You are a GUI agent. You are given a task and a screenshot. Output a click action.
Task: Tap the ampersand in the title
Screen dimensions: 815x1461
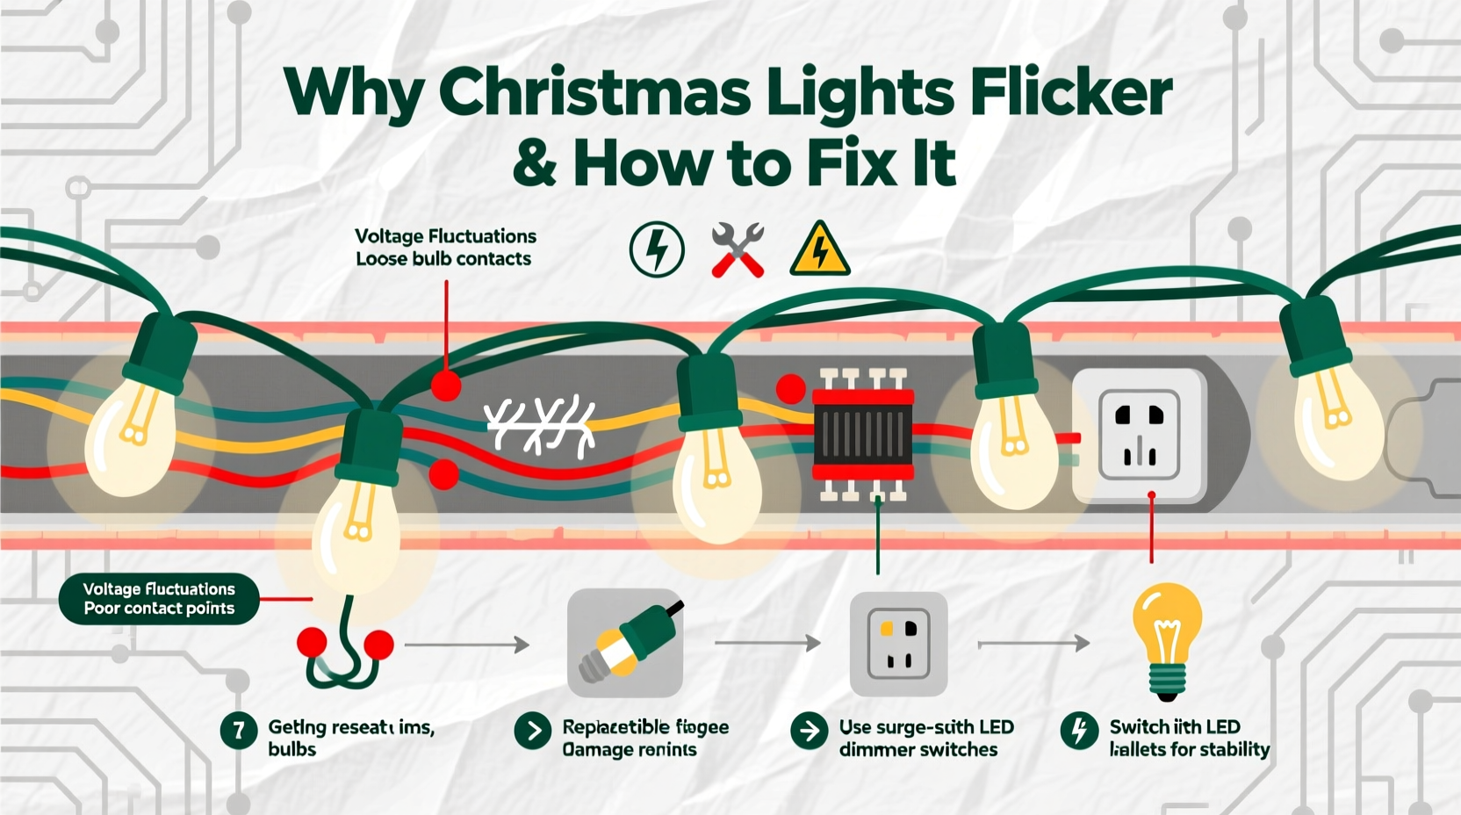pos(534,163)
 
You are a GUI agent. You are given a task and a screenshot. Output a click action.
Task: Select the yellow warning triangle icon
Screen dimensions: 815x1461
pos(819,249)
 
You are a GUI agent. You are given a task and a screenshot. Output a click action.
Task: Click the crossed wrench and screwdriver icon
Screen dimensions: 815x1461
pos(738,249)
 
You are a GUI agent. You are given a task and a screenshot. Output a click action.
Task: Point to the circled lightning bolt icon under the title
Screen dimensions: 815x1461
pos(657,249)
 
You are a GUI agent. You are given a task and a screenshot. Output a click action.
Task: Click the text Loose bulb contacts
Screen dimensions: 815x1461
pos(443,259)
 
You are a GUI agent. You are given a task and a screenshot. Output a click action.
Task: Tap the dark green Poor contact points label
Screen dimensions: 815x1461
pos(159,599)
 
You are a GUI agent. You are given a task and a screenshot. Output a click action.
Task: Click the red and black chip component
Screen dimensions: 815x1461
pos(863,435)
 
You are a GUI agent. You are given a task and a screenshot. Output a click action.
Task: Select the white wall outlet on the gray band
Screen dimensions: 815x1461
pos(1140,434)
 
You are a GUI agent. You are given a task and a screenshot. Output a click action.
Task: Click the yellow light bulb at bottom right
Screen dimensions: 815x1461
pos(1166,641)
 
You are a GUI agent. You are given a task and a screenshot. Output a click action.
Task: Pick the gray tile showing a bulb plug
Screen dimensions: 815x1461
pos(625,643)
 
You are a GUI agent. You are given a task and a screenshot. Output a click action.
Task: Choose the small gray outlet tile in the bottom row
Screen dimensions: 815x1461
pos(898,644)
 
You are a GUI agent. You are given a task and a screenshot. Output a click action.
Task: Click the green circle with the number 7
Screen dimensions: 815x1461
pos(238,730)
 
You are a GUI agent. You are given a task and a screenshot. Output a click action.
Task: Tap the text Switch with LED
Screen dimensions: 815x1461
pos(1174,727)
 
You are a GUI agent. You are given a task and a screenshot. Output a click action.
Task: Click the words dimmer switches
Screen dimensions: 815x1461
pos(918,750)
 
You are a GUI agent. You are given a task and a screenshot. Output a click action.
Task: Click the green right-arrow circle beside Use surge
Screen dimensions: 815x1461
pos(809,730)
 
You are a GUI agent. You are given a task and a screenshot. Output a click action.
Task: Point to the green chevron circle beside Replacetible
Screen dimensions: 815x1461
pos(532,731)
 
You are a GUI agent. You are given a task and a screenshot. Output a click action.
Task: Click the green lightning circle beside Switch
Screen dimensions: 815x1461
pos(1079,730)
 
